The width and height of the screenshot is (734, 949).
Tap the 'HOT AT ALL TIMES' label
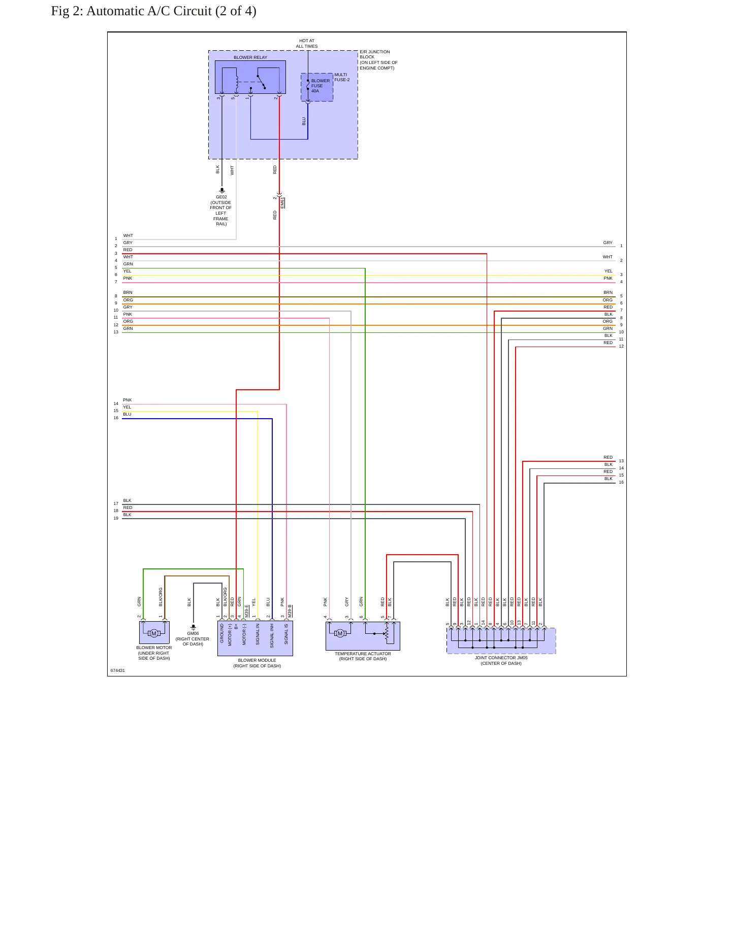coord(307,43)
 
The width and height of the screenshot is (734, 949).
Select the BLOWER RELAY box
coord(250,77)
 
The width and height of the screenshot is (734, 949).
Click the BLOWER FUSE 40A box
coord(317,87)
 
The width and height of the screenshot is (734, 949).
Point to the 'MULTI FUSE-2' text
coord(342,77)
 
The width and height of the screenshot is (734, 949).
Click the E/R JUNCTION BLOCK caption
coord(378,60)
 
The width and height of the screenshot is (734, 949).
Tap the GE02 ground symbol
coord(221,190)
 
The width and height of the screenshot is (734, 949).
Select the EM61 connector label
coord(282,203)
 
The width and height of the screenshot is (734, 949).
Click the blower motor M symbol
coord(154,633)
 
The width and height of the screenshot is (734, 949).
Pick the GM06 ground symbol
coord(193,627)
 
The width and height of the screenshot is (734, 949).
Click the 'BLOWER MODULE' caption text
coord(257,660)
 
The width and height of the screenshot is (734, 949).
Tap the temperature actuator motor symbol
coord(340,633)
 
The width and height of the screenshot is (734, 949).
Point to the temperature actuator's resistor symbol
coord(387,633)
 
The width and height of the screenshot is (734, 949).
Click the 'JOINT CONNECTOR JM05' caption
coord(501,658)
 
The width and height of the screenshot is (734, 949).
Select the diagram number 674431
coord(118,670)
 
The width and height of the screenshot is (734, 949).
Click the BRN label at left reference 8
coord(127,292)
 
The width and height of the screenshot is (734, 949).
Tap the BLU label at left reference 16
coord(127,414)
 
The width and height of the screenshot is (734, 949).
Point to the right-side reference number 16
coord(621,482)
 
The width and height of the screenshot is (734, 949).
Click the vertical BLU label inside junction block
coord(304,121)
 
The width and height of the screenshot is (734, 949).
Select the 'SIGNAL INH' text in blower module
coord(272,635)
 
